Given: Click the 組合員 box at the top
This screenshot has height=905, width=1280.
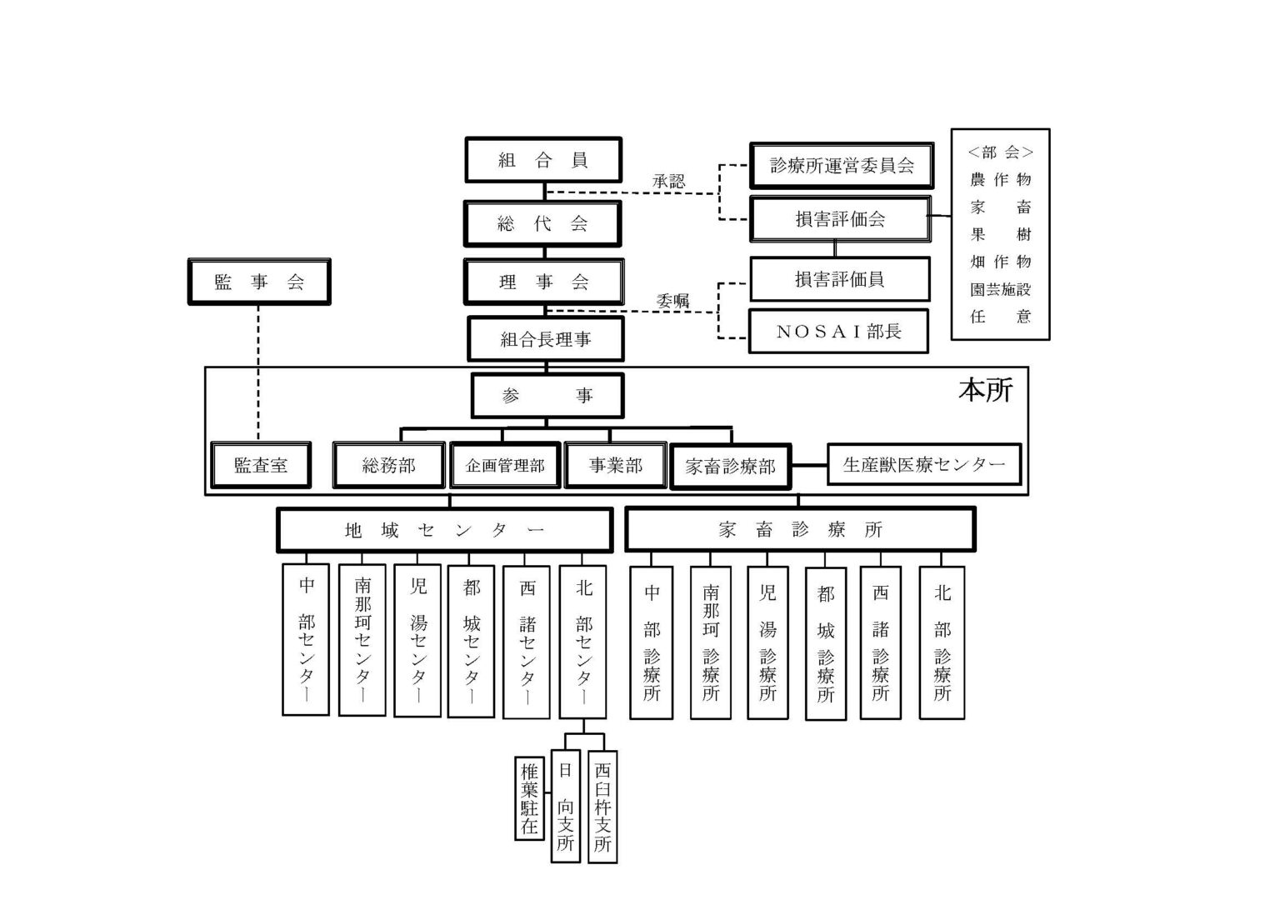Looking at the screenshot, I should point(543,160).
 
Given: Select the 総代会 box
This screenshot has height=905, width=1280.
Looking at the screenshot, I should point(543,223).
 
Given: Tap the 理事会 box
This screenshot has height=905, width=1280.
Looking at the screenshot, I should point(543,282).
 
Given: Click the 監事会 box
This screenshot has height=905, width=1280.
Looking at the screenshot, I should point(259,282).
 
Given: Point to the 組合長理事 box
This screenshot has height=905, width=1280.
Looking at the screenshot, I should point(546,339).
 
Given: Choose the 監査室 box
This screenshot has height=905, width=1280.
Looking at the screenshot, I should point(261,465).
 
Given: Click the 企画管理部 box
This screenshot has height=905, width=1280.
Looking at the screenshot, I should point(505,465).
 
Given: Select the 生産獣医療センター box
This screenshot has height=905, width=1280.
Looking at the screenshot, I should point(923,464).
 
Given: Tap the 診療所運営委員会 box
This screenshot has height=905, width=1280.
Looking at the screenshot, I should point(841,165).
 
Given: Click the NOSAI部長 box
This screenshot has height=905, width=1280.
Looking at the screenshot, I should point(839,331).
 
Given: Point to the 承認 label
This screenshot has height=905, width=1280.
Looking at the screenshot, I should point(668,181).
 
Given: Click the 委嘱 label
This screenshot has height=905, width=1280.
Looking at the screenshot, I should point(672,301).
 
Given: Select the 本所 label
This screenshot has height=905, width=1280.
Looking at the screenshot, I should point(986,390).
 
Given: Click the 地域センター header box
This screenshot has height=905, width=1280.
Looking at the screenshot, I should point(444,530).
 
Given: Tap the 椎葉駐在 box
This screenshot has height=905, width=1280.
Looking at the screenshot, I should point(529,797).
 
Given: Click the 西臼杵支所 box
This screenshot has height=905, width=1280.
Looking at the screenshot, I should point(602,807).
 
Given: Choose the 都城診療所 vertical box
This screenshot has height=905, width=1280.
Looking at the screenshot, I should point(826,643).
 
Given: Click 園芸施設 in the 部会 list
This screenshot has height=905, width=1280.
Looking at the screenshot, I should point(1000,289).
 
